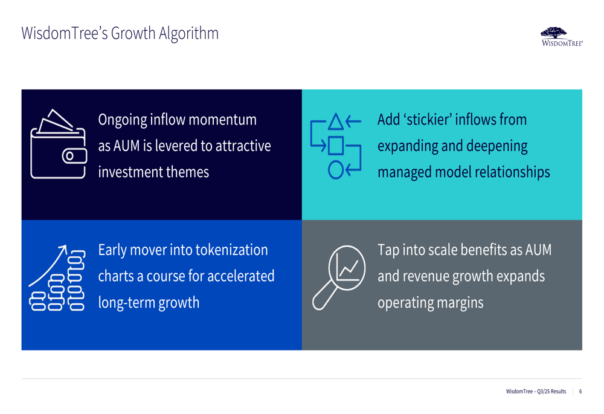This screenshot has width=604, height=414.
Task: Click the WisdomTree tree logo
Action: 562,37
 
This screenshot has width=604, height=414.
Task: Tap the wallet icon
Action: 59,144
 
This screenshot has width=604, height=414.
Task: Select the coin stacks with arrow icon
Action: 57,277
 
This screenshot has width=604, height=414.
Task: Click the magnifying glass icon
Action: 339,277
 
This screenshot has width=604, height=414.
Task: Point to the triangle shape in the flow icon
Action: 335,121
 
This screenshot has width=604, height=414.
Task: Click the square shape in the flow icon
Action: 335,146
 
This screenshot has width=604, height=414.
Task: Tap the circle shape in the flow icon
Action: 335,170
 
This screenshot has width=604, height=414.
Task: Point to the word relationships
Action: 512,172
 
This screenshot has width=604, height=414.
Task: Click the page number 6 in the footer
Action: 580,392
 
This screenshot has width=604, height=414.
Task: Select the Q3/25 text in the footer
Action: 544,392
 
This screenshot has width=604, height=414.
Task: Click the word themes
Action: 188,172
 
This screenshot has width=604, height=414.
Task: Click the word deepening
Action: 497,146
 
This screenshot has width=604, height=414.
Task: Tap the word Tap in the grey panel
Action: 388,251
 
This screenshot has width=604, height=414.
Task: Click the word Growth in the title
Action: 133,33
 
